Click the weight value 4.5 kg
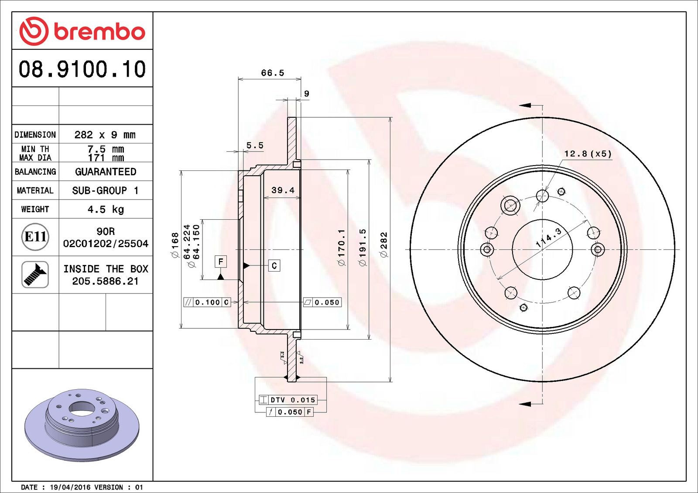[x=106, y=210]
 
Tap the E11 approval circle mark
[x=35, y=237]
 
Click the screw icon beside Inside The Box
[x=35, y=275]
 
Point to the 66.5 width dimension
[x=272, y=73]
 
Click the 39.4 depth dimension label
[x=283, y=190]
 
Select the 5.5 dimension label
[x=255, y=146]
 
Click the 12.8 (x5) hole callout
[x=588, y=154]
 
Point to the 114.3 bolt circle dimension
[x=549, y=238]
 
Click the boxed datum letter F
[x=221, y=262]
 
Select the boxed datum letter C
[x=274, y=265]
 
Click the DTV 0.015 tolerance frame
[x=287, y=400]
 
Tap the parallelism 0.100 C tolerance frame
[x=207, y=302]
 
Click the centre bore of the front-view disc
[x=542, y=250]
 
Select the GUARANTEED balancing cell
[x=106, y=172]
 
